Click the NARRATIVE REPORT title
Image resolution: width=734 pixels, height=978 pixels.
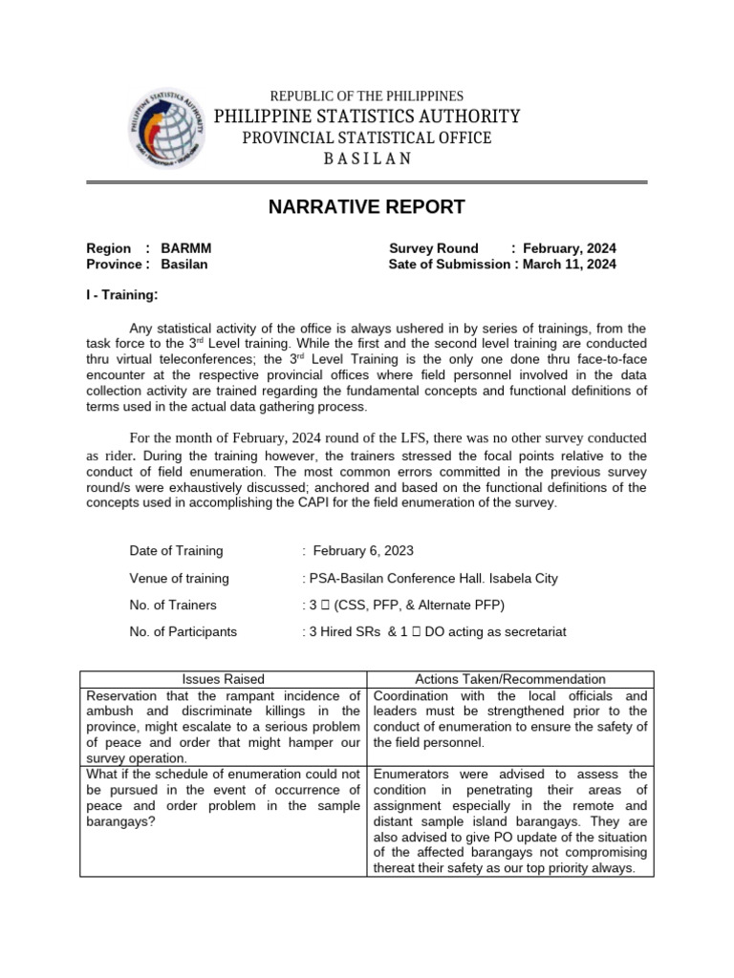pos(366,207)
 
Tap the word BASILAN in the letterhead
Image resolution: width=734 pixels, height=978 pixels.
pos(366,159)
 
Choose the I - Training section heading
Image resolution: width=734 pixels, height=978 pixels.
pos(122,295)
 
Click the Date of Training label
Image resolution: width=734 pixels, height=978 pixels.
pos(176,550)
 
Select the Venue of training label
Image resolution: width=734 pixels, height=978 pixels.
pos(179,578)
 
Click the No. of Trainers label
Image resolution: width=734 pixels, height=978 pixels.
pos(173,605)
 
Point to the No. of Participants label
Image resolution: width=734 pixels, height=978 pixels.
pos(183,631)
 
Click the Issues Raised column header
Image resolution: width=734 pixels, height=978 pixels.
pos(224,679)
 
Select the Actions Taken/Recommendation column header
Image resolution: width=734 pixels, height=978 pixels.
pos(510,679)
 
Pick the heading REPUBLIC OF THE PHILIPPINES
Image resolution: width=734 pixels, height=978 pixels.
pos(367,96)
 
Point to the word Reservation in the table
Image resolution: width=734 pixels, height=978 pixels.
pos(122,695)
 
